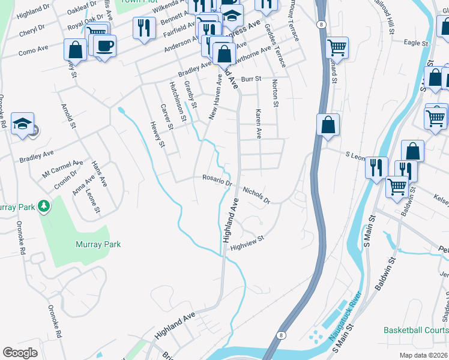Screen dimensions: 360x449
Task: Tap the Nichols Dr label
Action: [256, 194]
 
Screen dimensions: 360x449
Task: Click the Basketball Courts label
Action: [416, 331]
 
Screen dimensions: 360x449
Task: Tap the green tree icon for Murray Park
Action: [43, 206]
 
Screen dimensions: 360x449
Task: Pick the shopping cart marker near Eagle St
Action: [337, 47]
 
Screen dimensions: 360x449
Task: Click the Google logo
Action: [20, 353]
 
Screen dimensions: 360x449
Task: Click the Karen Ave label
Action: [259, 124]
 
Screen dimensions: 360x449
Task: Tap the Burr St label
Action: [252, 79]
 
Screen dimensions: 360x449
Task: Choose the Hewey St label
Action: [157, 133]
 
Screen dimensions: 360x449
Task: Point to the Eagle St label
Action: [415, 43]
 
